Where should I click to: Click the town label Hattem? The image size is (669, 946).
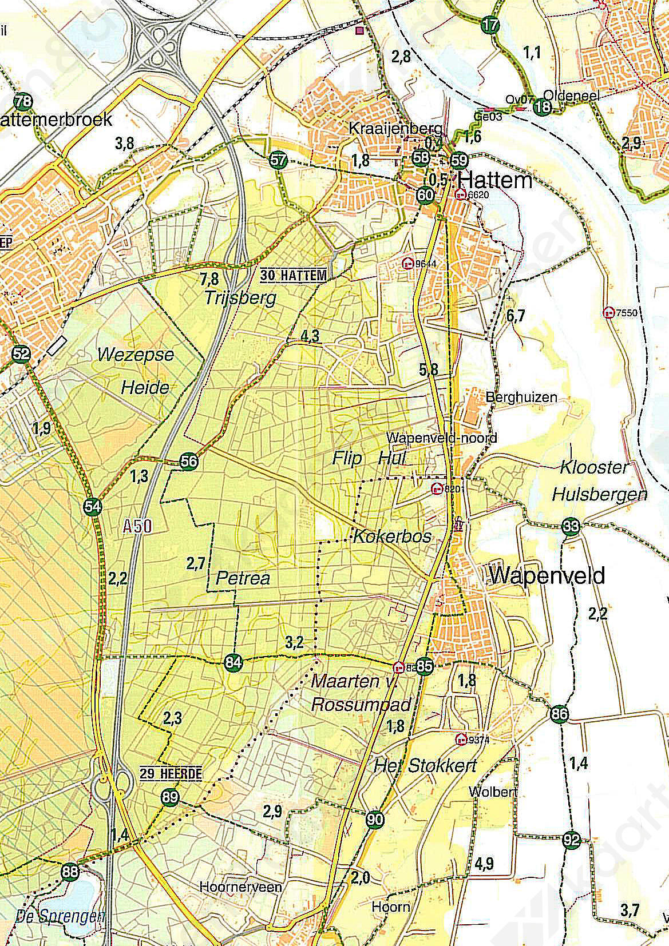click(495, 181)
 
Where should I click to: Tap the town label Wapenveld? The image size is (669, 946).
click(547, 575)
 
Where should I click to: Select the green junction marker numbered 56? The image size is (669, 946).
click(189, 460)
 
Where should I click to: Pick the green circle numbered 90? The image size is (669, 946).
click(375, 819)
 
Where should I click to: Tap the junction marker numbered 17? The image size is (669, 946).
click(490, 25)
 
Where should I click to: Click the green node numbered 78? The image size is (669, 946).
click(23, 102)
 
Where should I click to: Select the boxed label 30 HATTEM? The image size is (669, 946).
click(294, 276)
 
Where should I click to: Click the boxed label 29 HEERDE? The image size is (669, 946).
click(171, 774)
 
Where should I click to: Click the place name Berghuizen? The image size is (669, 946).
click(521, 397)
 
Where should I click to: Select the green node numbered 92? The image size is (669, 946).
click(571, 840)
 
